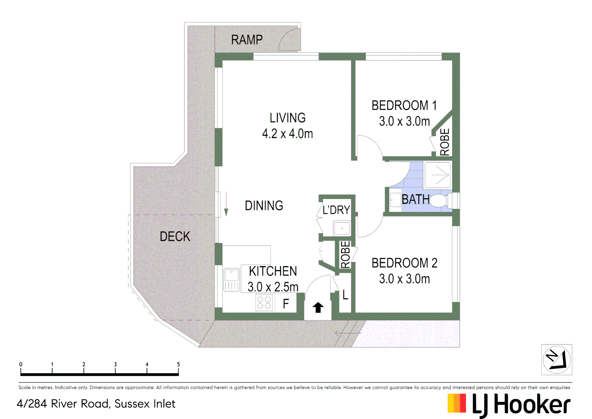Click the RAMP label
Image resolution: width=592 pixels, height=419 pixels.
247,40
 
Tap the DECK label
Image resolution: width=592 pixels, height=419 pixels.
175,236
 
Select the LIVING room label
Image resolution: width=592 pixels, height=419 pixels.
287,118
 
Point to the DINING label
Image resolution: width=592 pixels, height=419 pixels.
264,206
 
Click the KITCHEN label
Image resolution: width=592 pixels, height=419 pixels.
273,271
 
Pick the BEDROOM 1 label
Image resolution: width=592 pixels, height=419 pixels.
404,106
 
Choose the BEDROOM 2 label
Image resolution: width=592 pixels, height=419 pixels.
404,263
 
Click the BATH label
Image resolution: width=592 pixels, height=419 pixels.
415,199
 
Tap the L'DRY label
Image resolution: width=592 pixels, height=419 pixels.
336,210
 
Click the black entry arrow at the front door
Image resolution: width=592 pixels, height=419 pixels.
318,307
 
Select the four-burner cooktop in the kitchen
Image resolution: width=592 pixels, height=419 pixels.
264,303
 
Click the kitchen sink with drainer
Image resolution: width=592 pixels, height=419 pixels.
232,280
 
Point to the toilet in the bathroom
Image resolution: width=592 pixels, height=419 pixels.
439,201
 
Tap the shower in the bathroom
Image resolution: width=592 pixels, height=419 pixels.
438,175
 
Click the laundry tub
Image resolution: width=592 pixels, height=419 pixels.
342,228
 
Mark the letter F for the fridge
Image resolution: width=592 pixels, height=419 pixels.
286,303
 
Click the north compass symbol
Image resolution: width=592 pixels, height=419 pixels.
556,360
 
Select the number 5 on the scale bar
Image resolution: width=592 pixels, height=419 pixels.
178,364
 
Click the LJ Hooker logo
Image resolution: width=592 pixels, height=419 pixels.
509,405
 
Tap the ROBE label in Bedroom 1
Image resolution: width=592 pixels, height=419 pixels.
445,142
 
